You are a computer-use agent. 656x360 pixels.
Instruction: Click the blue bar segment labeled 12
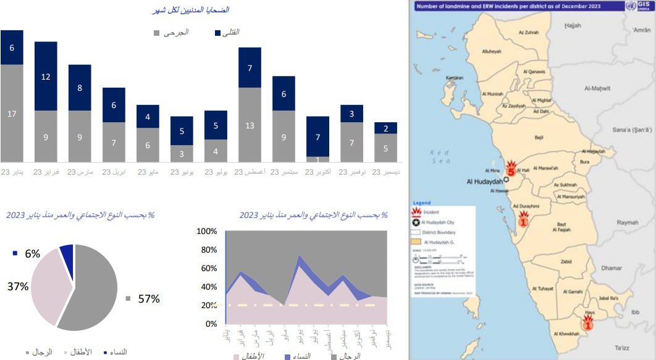coord(46,76)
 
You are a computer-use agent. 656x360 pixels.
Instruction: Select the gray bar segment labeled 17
coord(12,113)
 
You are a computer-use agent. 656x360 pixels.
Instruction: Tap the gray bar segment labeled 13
coord(250,125)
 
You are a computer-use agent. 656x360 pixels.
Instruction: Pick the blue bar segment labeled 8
coord(80,88)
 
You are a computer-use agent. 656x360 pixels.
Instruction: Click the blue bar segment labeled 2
coord(385,128)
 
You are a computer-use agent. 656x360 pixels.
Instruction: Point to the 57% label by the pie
coord(149,299)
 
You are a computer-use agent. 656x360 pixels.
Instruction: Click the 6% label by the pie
coord(32,253)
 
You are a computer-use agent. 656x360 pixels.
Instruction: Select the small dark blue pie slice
coord(67,254)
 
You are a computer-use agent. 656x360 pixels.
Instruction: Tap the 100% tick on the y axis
coord(207,232)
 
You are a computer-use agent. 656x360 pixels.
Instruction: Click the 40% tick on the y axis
coord(208,287)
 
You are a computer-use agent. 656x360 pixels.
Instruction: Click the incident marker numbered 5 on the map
coord(511,169)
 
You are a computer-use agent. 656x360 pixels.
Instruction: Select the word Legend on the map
coord(423,203)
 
